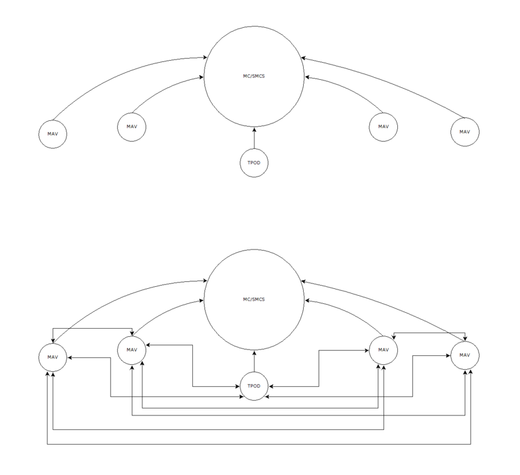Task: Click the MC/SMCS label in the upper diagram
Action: tap(254, 76)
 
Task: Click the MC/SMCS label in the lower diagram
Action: tap(254, 300)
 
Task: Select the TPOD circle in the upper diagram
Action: tap(254, 163)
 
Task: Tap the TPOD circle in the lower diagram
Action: tap(254, 386)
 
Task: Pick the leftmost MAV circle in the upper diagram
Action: tap(53, 134)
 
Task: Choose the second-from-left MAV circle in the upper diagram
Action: tap(132, 127)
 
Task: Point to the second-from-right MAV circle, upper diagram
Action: tap(383, 127)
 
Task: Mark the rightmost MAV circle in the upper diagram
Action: tap(465, 132)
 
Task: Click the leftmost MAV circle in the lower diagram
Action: tap(53, 357)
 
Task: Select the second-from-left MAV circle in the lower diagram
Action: tap(132, 350)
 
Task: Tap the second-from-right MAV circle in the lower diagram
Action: tap(383, 350)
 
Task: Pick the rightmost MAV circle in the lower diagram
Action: tap(465, 355)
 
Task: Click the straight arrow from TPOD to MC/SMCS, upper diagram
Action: tap(254, 138)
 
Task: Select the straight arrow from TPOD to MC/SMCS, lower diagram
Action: tap(254, 361)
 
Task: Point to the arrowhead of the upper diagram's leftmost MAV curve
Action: tap(205, 58)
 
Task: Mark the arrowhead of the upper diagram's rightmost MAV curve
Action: tap(303, 58)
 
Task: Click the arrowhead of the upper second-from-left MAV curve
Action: tap(201, 77)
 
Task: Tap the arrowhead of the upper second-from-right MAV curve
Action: tap(307, 77)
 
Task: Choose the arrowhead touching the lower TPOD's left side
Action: tap(237, 386)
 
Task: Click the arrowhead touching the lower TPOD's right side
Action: tap(271, 386)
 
